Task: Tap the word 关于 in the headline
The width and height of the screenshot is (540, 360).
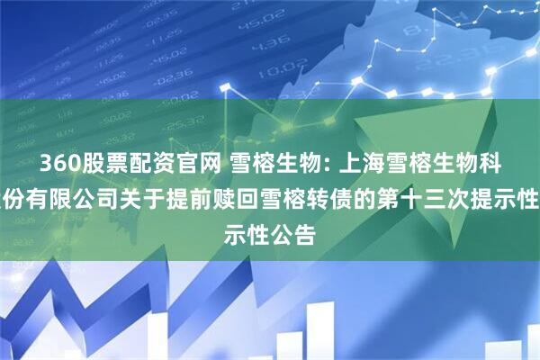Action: (131, 187)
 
